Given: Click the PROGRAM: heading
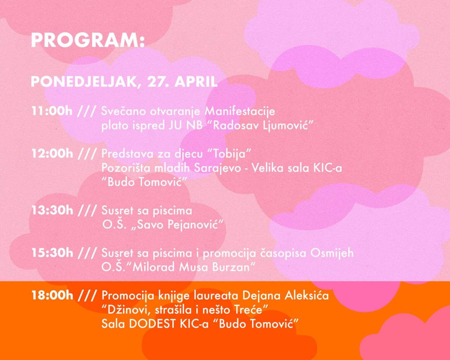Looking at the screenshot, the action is click(x=88, y=40).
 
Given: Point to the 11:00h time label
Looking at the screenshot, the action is click(x=52, y=111).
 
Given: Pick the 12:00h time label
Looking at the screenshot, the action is click(x=52, y=154).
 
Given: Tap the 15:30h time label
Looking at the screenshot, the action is click(x=52, y=253).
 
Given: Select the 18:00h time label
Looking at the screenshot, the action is click(x=52, y=295).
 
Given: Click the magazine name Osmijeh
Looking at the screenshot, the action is click(x=332, y=253).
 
